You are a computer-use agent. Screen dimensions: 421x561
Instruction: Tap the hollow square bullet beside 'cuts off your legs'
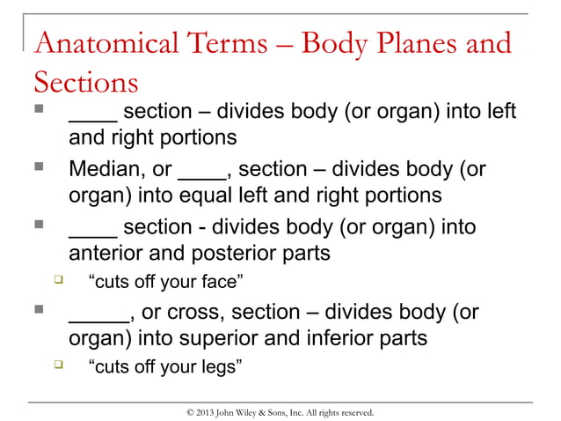point(58,365)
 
